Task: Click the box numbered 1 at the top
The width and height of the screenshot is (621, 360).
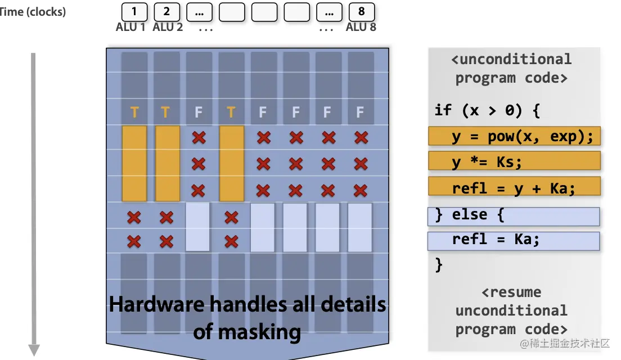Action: (x=134, y=11)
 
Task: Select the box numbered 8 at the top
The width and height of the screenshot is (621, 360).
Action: (x=361, y=11)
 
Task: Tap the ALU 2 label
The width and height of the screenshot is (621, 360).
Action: (x=168, y=27)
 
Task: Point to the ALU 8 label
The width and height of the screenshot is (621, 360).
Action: (x=361, y=27)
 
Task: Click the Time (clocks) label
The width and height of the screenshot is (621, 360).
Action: (x=33, y=12)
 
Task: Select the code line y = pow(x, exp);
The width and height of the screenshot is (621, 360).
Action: (x=514, y=136)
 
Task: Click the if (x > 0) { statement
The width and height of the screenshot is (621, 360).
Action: (x=487, y=110)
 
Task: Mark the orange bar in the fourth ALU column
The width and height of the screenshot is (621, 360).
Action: (x=231, y=163)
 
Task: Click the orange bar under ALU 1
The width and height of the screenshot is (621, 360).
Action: (x=134, y=163)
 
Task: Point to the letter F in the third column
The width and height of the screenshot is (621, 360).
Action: (x=198, y=112)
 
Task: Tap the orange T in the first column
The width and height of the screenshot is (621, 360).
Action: (x=134, y=112)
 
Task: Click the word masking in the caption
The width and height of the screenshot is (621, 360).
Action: (x=247, y=332)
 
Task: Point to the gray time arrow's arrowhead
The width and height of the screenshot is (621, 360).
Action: (x=34, y=350)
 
